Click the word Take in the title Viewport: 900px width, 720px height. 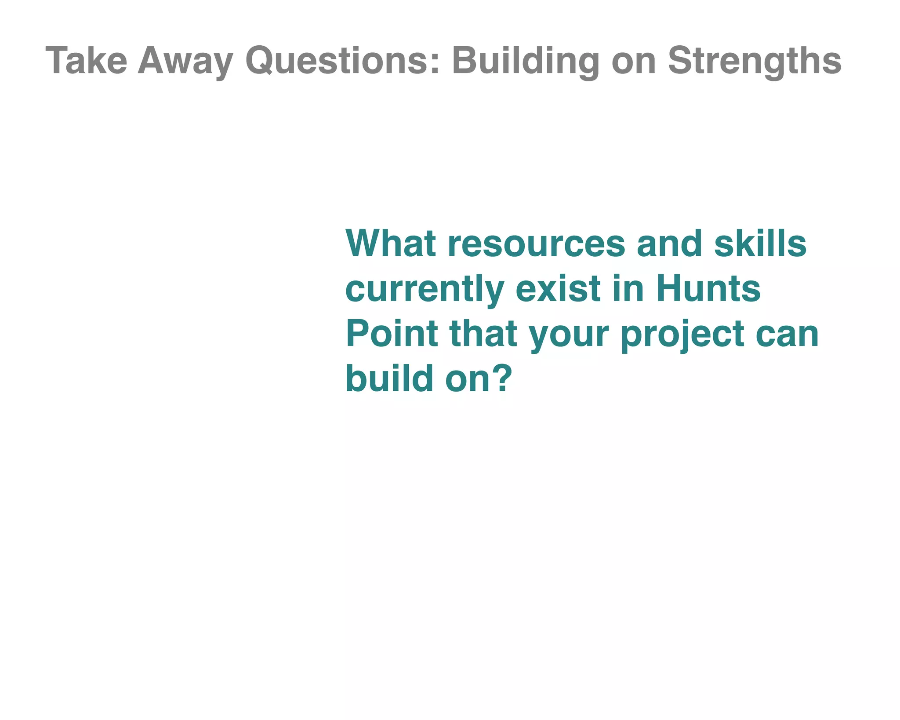(x=86, y=61)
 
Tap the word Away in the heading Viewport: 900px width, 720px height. (x=185, y=61)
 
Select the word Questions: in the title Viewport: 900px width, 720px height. (x=342, y=61)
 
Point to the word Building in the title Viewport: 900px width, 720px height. (x=525, y=61)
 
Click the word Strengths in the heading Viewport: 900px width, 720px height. (x=754, y=61)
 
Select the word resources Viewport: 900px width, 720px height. (x=536, y=244)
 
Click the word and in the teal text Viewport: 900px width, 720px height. (x=669, y=244)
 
